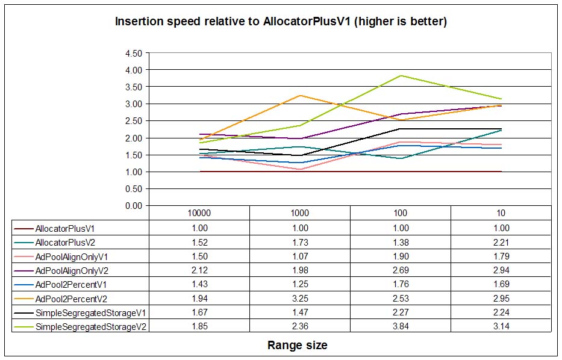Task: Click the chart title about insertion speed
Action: pos(281,22)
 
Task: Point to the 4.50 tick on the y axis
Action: pos(133,53)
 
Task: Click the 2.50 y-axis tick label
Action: pos(133,121)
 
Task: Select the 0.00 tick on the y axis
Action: pos(133,206)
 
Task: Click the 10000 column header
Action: pos(199,213)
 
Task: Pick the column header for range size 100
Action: pos(400,213)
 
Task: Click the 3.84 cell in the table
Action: pos(400,326)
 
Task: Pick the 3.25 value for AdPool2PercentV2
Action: pos(299,299)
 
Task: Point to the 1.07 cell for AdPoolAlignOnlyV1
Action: pos(299,256)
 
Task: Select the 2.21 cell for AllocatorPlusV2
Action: pos(501,242)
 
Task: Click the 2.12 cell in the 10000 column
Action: pos(199,270)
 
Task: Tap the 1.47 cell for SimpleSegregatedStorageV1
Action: pos(299,312)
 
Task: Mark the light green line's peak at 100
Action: pos(400,76)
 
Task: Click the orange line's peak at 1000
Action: pos(299,96)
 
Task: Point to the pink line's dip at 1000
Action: pos(299,169)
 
